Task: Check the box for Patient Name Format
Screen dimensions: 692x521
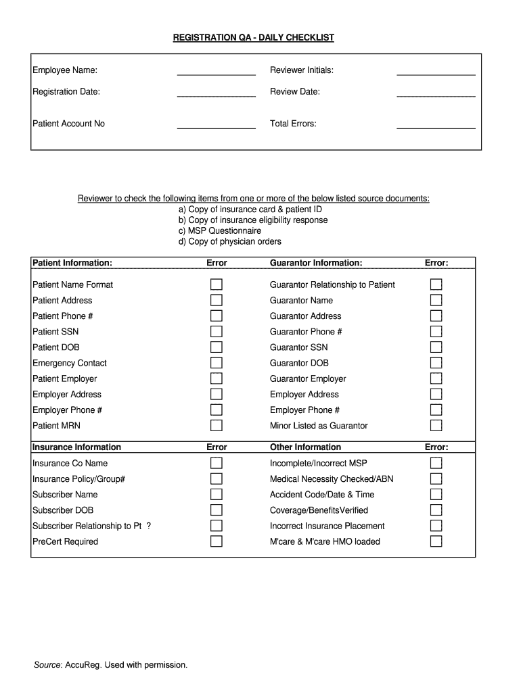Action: click(217, 285)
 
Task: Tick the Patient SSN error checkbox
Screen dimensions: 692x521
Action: click(217, 332)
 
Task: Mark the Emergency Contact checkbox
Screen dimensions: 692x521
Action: click(217, 363)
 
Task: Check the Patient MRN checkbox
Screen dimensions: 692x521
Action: click(217, 426)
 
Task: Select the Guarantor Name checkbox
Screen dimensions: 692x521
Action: click(436, 300)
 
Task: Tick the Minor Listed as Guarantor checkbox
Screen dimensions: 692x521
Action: click(436, 426)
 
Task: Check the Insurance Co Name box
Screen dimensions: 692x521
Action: click(217, 463)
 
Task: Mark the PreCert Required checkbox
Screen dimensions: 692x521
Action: click(217, 541)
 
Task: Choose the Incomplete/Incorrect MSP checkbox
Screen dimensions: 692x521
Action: click(436, 463)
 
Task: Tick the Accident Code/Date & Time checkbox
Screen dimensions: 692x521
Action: click(436, 495)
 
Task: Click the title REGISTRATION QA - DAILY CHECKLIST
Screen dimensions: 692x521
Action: click(254, 38)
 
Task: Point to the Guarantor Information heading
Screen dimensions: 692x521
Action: click(316, 263)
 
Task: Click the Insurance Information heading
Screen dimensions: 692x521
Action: click(76, 447)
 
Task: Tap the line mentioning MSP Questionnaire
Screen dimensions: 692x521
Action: click(220, 231)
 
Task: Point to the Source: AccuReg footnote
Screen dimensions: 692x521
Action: click(110, 665)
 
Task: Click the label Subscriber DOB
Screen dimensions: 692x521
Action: click(63, 510)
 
